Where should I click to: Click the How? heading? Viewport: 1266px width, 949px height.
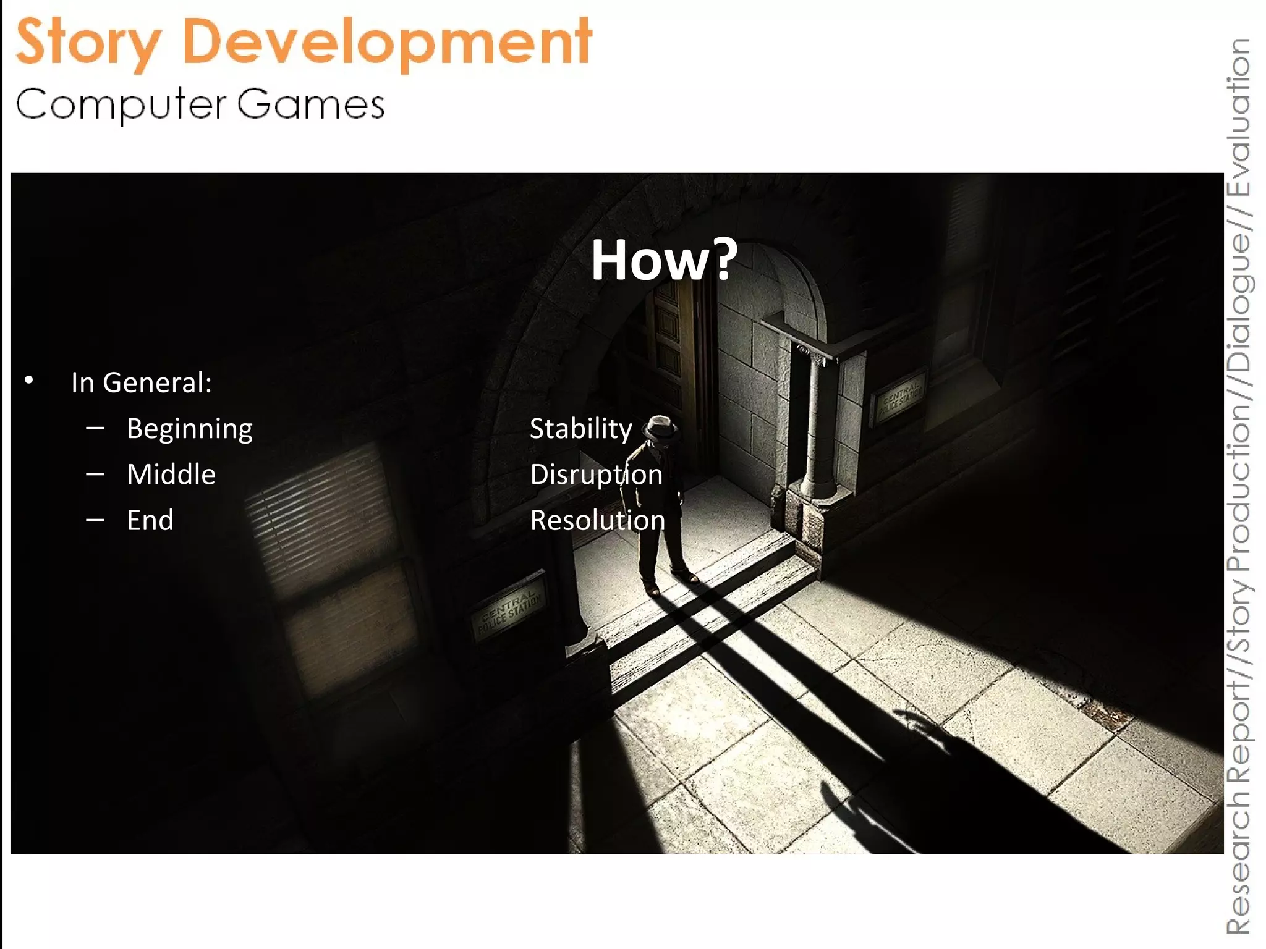[664, 260]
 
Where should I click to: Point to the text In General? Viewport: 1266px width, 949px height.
[142, 382]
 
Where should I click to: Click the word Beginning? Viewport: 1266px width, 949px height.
[189, 429]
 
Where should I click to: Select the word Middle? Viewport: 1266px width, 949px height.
[171, 474]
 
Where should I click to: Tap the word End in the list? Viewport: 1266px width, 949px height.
[150, 520]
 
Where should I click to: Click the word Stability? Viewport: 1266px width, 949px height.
[580, 429]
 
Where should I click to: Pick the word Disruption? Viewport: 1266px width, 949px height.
[596, 474]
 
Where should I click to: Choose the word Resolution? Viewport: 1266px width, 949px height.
[597, 520]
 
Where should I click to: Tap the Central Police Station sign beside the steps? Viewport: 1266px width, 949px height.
[509, 610]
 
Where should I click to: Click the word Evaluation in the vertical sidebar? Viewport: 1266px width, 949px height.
[1239, 117]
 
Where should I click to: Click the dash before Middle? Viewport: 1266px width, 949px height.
[95, 474]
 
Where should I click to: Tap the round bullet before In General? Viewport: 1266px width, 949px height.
[29, 381]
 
